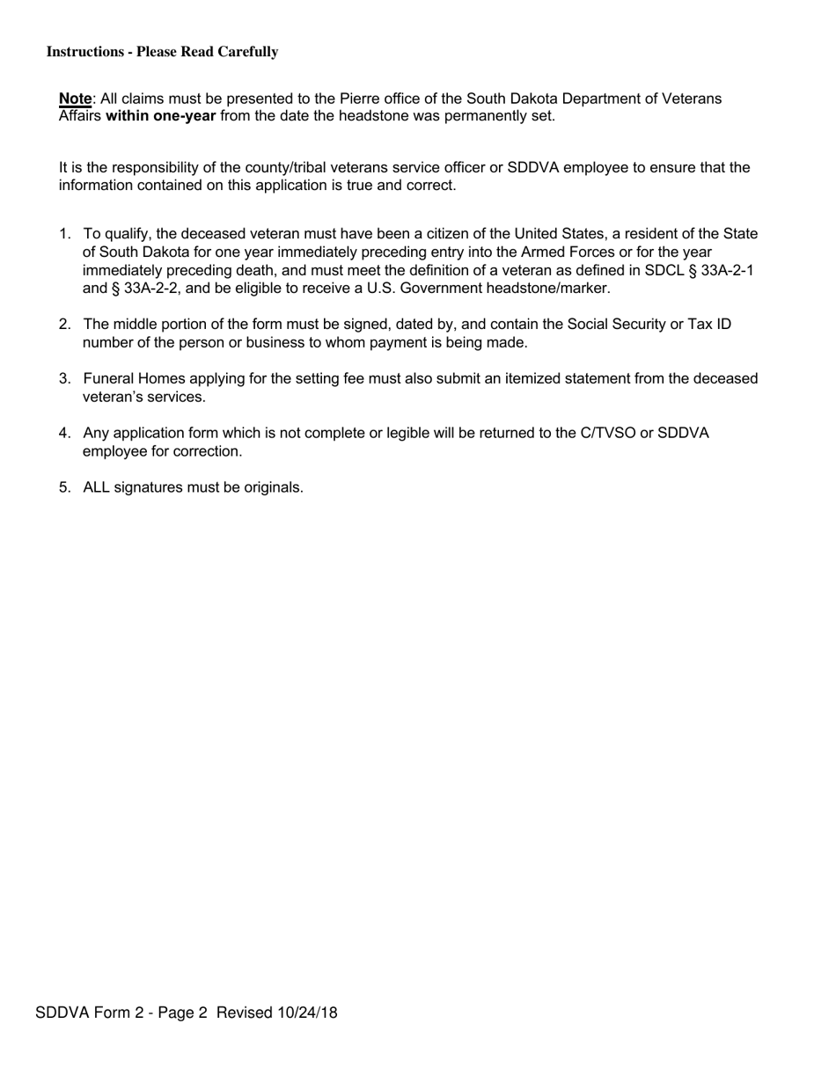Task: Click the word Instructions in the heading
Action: point(84,52)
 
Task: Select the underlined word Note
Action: point(75,99)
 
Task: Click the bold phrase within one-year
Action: point(160,116)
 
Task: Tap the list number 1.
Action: point(64,234)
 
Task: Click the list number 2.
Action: point(64,325)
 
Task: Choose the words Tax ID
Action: point(709,325)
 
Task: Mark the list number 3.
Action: point(64,378)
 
